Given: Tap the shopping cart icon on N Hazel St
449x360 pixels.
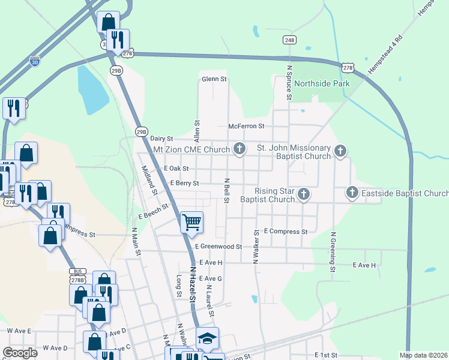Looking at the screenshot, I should pyautogui.click(x=191, y=222).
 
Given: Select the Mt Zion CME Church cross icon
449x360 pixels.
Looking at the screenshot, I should pyautogui.click(x=240, y=149).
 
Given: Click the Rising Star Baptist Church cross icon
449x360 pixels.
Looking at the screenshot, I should pyautogui.click(x=304, y=194).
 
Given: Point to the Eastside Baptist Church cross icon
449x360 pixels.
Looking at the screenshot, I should pyautogui.click(x=352, y=193).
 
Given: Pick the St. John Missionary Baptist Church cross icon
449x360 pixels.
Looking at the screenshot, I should pyautogui.click(x=340, y=151).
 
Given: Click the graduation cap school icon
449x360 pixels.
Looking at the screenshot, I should pyautogui.click(x=208, y=338).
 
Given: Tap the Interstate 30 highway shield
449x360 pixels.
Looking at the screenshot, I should pyautogui.click(x=35, y=61).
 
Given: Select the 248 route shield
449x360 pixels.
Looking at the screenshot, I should pyautogui.click(x=289, y=40).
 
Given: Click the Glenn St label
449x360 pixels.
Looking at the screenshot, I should pyautogui.click(x=214, y=79).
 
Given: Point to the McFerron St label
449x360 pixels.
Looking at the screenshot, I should pyautogui.click(x=246, y=127).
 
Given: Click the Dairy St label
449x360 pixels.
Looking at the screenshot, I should pyautogui.click(x=161, y=138).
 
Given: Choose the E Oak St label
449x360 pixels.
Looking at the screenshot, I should pyautogui.click(x=176, y=169).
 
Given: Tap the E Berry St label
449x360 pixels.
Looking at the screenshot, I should pyautogui.click(x=184, y=184).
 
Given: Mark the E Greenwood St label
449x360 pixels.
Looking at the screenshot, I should pyautogui.click(x=218, y=247).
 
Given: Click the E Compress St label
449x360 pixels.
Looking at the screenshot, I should pyautogui.click(x=285, y=232).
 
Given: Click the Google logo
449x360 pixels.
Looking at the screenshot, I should pyautogui.click(x=20, y=353).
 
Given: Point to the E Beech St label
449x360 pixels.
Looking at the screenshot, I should pyautogui.click(x=154, y=210).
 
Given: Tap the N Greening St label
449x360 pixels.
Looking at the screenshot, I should pyautogui.click(x=332, y=250).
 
